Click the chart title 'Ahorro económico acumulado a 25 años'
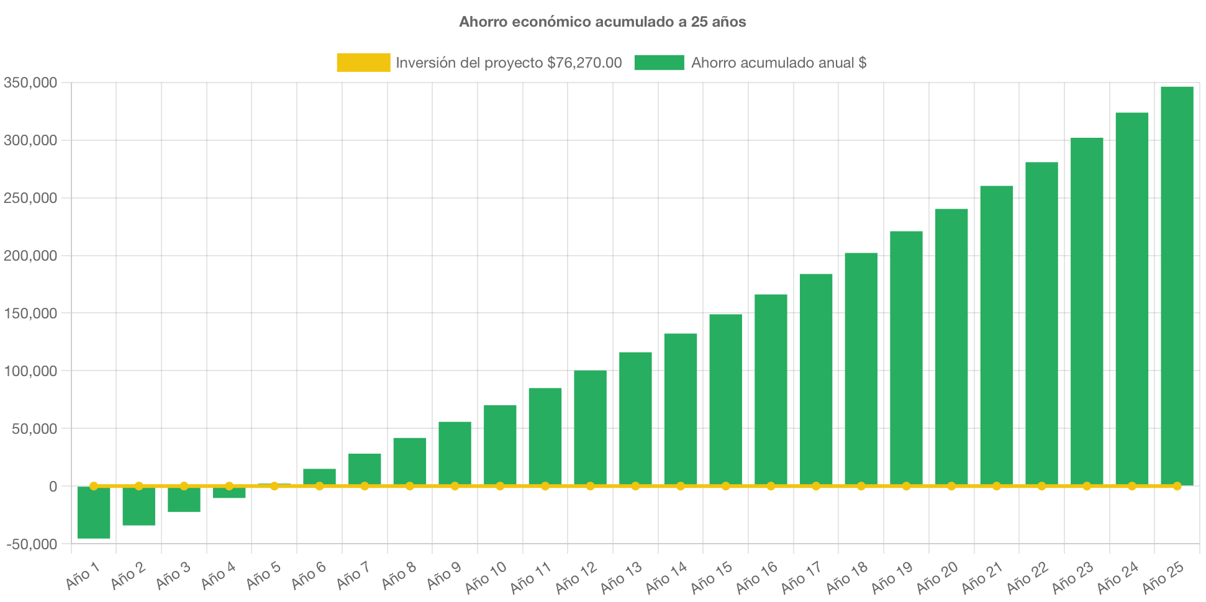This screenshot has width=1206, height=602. pyautogui.click(x=602, y=22)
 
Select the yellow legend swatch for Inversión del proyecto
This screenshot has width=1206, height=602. pyautogui.click(x=363, y=63)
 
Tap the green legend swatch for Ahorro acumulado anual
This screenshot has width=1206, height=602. pyautogui.click(x=659, y=63)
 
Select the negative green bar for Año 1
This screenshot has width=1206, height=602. pyautogui.click(x=94, y=513)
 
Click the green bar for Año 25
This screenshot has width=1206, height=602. pyautogui.click(x=1177, y=285)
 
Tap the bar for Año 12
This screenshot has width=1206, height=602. pyautogui.click(x=590, y=428)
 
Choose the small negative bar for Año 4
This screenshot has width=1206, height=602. pyautogui.click(x=229, y=493)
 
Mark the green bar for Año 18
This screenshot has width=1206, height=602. pyautogui.click(x=861, y=369)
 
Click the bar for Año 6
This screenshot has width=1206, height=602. pyautogui.click(x=319, y=477)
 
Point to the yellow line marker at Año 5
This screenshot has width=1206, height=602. pyautogui.click(x=274, y=486)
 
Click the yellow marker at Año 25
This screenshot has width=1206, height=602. pyautogui.click(x=1177, y=486)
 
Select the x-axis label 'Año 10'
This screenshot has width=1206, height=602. pyautogui.click(x=486, y=577)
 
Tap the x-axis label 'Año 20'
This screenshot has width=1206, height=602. pyautogui.click(x=937, y=577)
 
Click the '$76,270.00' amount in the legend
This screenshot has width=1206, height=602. pyautogui.click(x=584, y=63)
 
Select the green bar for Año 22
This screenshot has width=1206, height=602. pyautogui.click(x=1041, y=323)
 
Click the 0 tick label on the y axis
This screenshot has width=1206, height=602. pyautogui.click(x=53, y=487)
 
